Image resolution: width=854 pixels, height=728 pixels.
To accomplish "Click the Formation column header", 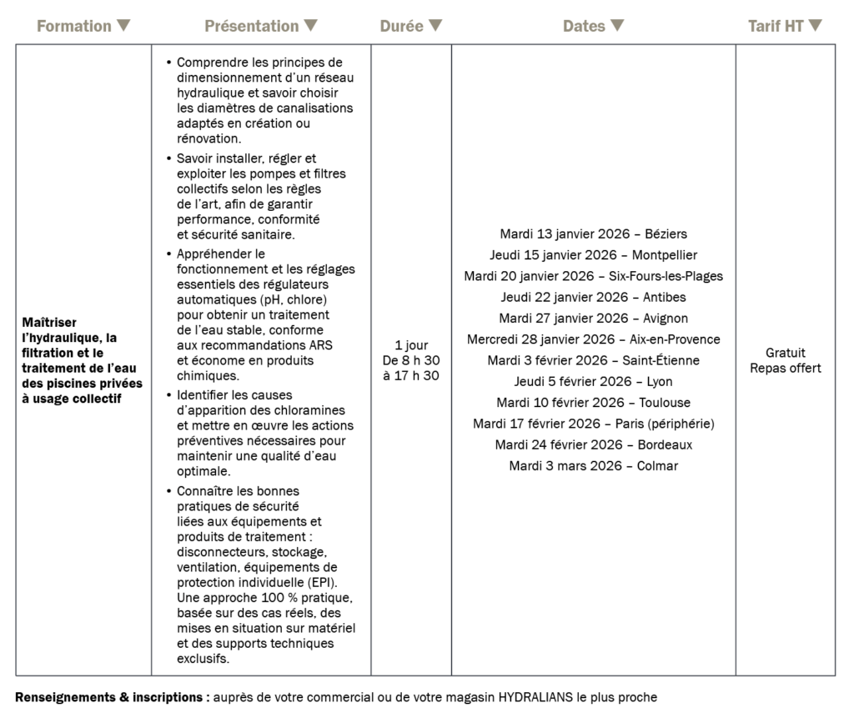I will (x=74, y=26).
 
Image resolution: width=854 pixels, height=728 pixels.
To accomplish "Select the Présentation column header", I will (x=252, y=26).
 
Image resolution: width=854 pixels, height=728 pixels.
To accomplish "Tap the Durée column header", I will (x=402, y=26).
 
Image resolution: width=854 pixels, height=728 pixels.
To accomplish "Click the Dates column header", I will (x=584, y=26).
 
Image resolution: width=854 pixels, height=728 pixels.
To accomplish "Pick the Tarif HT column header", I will (x=776, y=26).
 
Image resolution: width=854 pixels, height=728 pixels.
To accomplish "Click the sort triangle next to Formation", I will (x=123, y=26).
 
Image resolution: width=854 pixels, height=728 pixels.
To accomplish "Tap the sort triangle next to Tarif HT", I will (x=816, y=26).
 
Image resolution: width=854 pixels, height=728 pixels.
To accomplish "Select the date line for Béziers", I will (x=593, y=233).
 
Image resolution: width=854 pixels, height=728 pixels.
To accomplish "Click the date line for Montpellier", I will (x=593, y=254).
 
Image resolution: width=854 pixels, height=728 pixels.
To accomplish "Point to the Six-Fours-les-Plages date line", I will (x=593, y=276).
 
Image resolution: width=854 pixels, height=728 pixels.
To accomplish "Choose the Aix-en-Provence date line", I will (x=593, y=339).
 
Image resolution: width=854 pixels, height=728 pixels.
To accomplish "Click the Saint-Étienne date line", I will (x=593, y=360).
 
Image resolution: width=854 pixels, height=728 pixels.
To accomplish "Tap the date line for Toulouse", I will (x=593, y=403).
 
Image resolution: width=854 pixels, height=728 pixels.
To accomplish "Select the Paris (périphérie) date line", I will (x=593, y=424).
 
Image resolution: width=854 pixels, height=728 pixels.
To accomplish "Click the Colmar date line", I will (x=593, y=466).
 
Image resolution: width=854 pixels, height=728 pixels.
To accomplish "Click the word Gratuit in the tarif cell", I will (x=785, y=353).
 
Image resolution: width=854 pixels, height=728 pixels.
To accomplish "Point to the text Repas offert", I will (x=785, y=368).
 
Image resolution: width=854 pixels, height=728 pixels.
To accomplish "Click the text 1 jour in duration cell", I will (x=411, y=344).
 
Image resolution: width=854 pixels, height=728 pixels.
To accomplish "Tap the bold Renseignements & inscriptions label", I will (x=112, y=697).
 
